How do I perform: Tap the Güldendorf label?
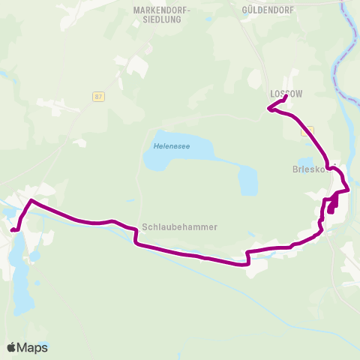click(268, 10)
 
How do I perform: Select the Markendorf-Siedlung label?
click(162, 14)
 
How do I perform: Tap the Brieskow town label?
click(307, 169)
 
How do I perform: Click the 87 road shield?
click(99, 97)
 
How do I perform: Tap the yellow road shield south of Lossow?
click(305, 130)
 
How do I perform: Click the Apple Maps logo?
click(27, 347)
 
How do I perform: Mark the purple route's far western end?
click(11, 229)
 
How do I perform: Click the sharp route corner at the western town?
click(31, 201)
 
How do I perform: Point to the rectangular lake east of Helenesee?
click(247, 180)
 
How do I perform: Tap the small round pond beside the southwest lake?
click(34, 256)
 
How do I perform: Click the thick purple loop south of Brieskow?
click(331, 207)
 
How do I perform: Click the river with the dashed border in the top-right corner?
click(349, 45)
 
